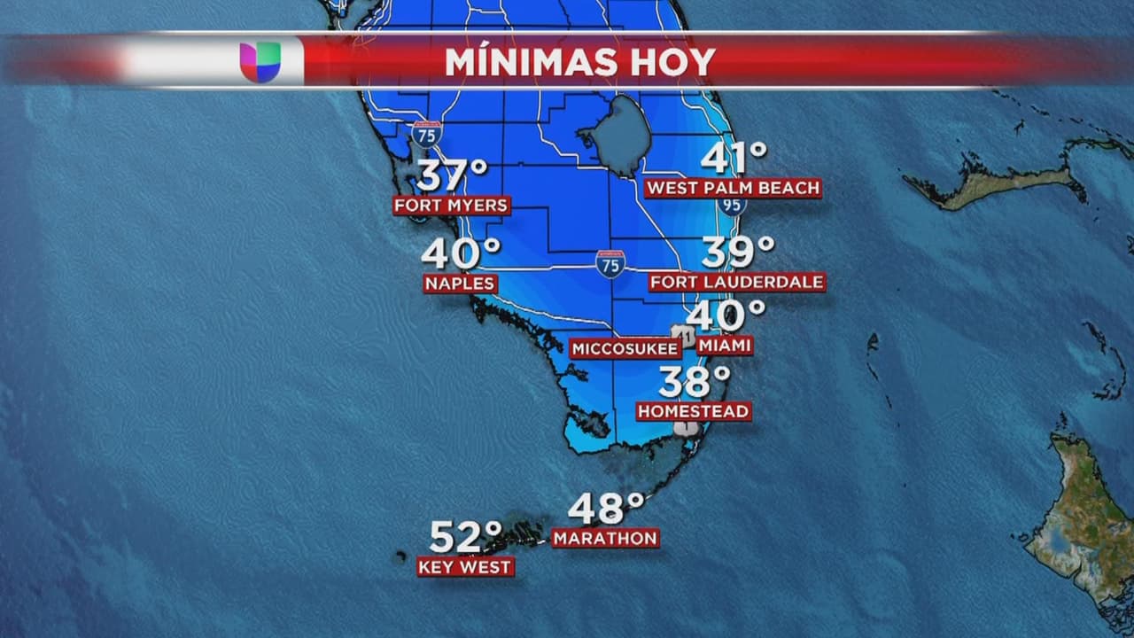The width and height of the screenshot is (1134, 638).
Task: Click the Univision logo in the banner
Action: (260, 62)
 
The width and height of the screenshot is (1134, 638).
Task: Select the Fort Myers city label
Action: (452, 206)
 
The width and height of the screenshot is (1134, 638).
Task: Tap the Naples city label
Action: (460, 284)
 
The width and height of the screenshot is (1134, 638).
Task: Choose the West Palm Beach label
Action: (733, 188)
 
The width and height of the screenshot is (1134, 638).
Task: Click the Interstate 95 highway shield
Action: (731, 205)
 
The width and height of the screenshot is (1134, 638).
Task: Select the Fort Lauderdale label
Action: (737, 282)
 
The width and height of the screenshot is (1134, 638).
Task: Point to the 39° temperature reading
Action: (738, 252)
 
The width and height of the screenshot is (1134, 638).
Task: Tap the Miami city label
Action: (724, 345)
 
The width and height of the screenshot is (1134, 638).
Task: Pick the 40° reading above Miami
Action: (725, 315)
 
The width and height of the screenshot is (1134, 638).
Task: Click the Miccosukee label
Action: (625, 349)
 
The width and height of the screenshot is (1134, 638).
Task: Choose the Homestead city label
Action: (694, 411)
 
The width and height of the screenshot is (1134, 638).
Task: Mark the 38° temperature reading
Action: (695, 381)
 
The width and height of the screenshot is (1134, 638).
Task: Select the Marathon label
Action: (606, 538)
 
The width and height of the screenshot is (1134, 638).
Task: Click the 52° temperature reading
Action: (466, 537)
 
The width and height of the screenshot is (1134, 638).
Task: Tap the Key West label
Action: (465, 567)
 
